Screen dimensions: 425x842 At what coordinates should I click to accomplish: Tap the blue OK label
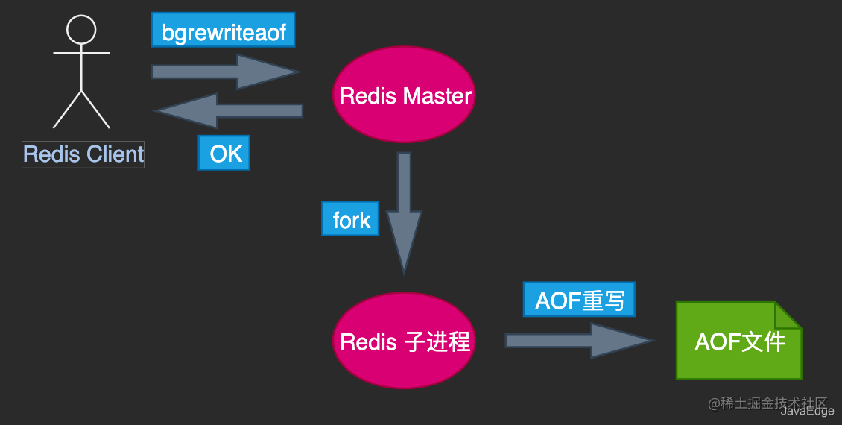click(x=224, y=154)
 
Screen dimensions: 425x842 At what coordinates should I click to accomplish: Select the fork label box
click(x=351, y=219)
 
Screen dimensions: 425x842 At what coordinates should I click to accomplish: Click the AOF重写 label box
click(x=579, y=300)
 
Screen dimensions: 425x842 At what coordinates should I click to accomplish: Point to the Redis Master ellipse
click(x=403, y=95)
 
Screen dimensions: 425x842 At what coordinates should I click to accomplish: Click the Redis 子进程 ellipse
click(x=403, y=341)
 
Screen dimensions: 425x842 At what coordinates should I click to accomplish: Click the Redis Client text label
click(x=83, y=154)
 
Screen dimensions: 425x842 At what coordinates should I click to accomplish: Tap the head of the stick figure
click(x=81, y=29)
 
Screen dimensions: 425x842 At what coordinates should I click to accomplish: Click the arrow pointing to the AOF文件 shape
click(x=578, y=341)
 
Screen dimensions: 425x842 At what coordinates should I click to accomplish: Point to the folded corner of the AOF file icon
click(x=787, y=315)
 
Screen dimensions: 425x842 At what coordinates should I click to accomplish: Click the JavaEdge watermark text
click(x=807, y=411)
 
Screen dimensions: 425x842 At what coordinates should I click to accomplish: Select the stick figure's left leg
click(x=67, y=110)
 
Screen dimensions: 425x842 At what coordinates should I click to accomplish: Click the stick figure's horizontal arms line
click(x=81, y=54)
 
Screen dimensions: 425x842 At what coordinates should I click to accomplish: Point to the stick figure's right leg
click(x=95, y=110)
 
